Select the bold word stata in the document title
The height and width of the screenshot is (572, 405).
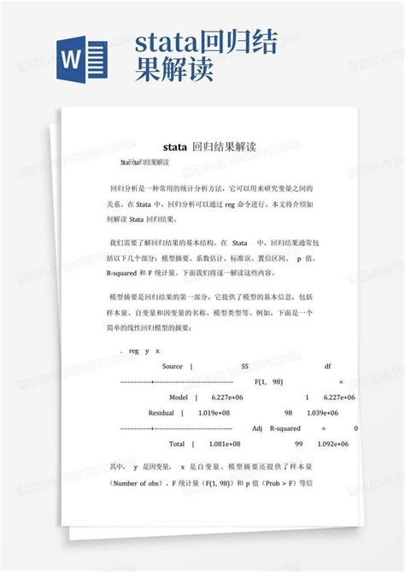coord(174,147)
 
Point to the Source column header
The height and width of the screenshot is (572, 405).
coord(171,365)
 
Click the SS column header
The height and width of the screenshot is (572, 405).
coord(246,365)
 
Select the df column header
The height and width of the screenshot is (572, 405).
coord(327,365)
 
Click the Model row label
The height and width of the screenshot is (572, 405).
coord(179,398)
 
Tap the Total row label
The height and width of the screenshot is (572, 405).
coord(177,445)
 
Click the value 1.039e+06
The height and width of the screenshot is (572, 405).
coord(337,413)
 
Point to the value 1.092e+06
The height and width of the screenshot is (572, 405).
coord(336,445)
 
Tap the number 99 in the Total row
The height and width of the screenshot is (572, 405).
coord(299,445)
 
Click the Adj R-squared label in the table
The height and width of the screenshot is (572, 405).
coord(273,428)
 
